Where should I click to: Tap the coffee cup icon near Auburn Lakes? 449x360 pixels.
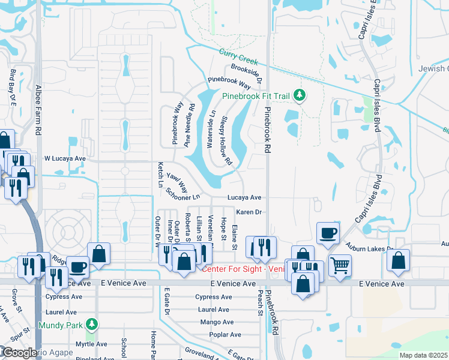(328, 232)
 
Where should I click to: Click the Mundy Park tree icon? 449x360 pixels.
(91, 325)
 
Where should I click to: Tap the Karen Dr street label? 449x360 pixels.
(249, 212)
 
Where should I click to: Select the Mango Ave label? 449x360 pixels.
(213, 322)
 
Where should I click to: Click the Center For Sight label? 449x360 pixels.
(243, 268)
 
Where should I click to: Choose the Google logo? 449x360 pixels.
(20, 353)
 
